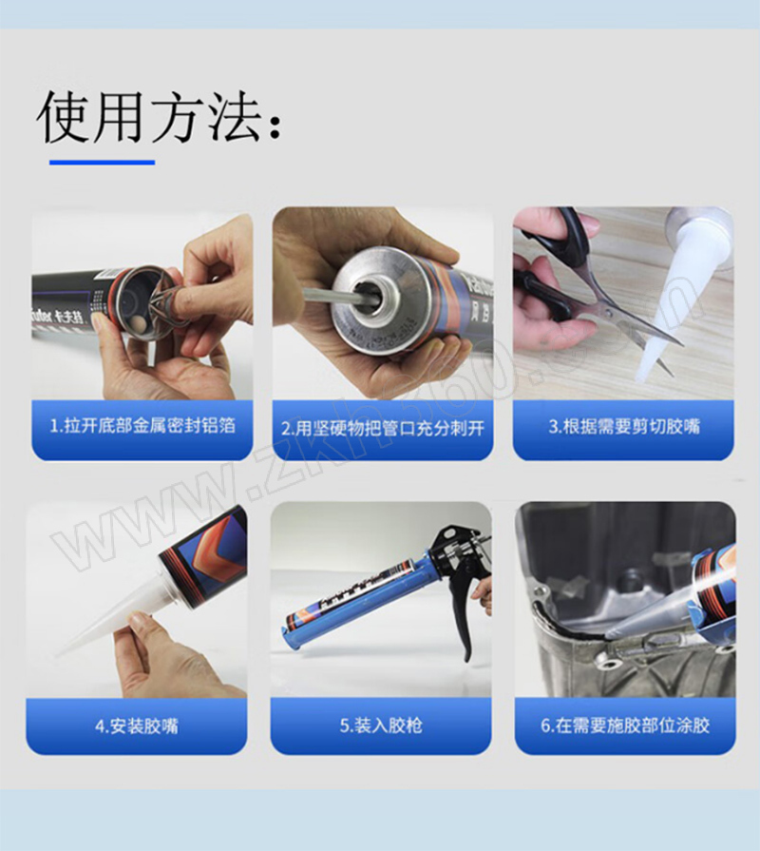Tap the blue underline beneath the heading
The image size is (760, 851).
(102, 162)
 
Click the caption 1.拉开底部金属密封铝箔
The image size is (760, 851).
(142, 426)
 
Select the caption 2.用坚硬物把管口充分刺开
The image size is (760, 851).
(383, 428)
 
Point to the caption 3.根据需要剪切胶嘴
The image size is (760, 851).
(624, 426)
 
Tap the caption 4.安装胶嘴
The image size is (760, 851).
(137, 725)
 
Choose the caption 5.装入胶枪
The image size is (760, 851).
(381, 725)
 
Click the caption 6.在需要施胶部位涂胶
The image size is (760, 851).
(625, 725)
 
